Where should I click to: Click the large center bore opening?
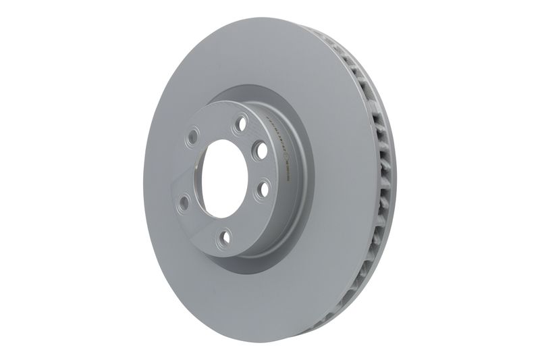coord(223,178)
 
